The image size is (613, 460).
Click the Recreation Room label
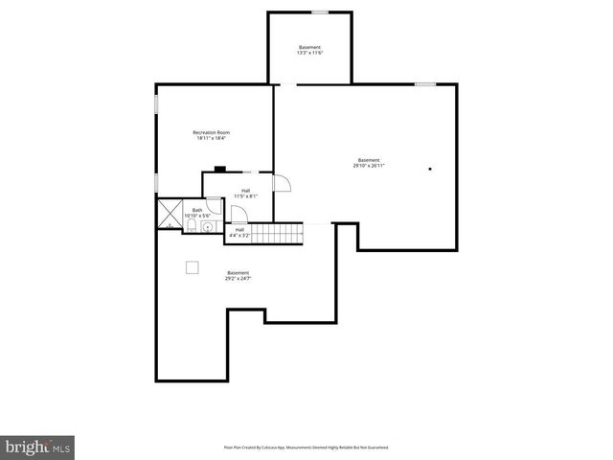tap(211, 132)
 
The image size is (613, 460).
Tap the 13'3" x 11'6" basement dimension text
tap(309, 53)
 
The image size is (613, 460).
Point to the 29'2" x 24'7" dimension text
tap(238, 278)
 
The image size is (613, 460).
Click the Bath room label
tap(197, 210)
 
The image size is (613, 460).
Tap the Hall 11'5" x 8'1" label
tap(246, 193)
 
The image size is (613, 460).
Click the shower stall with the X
tap(170, 212)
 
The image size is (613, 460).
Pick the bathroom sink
tap(205, 230)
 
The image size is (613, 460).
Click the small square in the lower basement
tap(192, 267)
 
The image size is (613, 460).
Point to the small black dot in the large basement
tap(430, 170)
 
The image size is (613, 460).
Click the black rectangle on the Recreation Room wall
tap(219, 170)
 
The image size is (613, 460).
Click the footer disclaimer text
tap(306, 447)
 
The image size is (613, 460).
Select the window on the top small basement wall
tap(320, 12)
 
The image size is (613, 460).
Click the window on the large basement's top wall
tap(425, 84)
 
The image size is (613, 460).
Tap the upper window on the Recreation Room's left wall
tap(156, 103)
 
